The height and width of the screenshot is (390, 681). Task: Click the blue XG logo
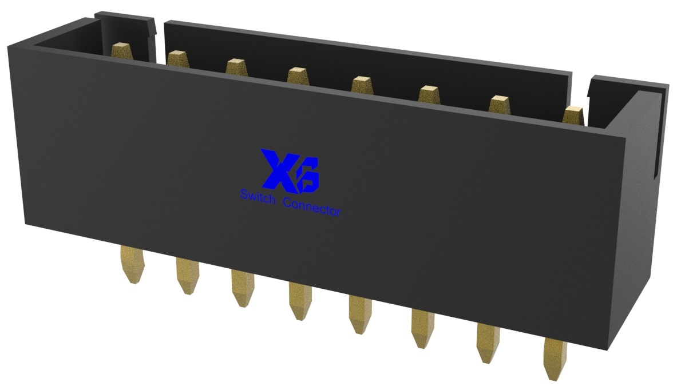coord(290,170)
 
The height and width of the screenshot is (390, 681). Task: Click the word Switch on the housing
coord(257,198)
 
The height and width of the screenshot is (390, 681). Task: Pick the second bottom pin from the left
coord(187,276)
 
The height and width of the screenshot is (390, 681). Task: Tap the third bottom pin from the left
coord(242,288)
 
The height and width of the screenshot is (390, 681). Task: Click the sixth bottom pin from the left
coord(422,327)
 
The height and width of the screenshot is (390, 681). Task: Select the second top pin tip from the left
coord(177,58)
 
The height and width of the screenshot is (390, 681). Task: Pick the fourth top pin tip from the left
coord(298,75)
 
